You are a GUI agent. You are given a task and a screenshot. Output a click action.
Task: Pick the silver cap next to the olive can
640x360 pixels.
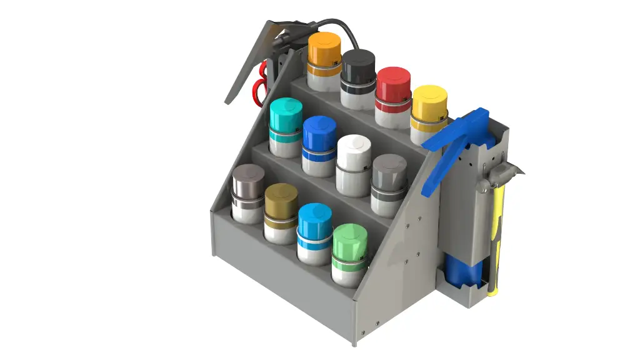point(248,181)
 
